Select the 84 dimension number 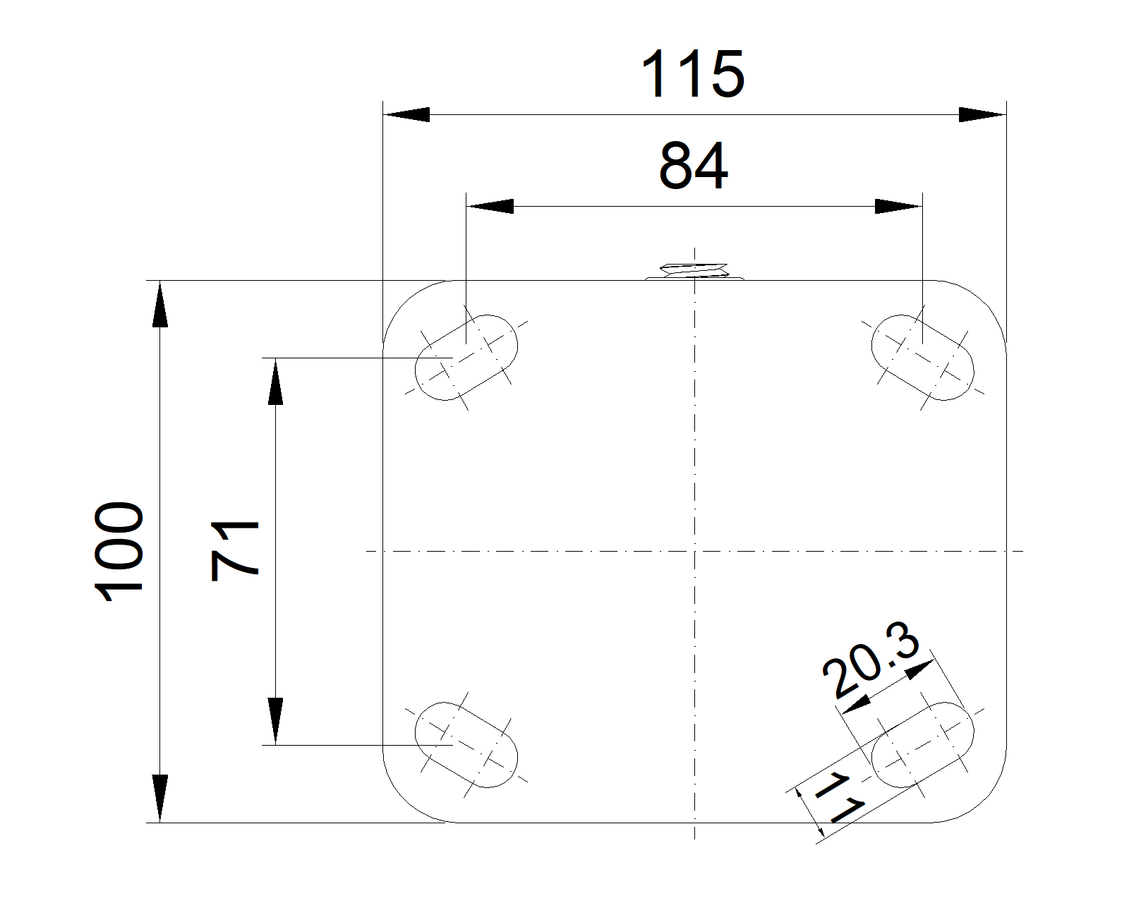694,166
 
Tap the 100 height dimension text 119,552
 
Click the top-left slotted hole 466,358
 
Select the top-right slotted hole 923,358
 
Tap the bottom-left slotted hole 466,744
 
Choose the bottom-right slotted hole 923,744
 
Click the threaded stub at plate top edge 694,272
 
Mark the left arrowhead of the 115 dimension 406,114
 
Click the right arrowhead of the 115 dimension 982,114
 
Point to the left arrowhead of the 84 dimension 490,206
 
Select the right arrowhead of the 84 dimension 899,206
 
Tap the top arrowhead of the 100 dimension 160,304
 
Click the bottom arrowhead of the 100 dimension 160,799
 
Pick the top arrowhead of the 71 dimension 275,382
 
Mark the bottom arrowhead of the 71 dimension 275,721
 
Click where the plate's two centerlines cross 694,552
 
